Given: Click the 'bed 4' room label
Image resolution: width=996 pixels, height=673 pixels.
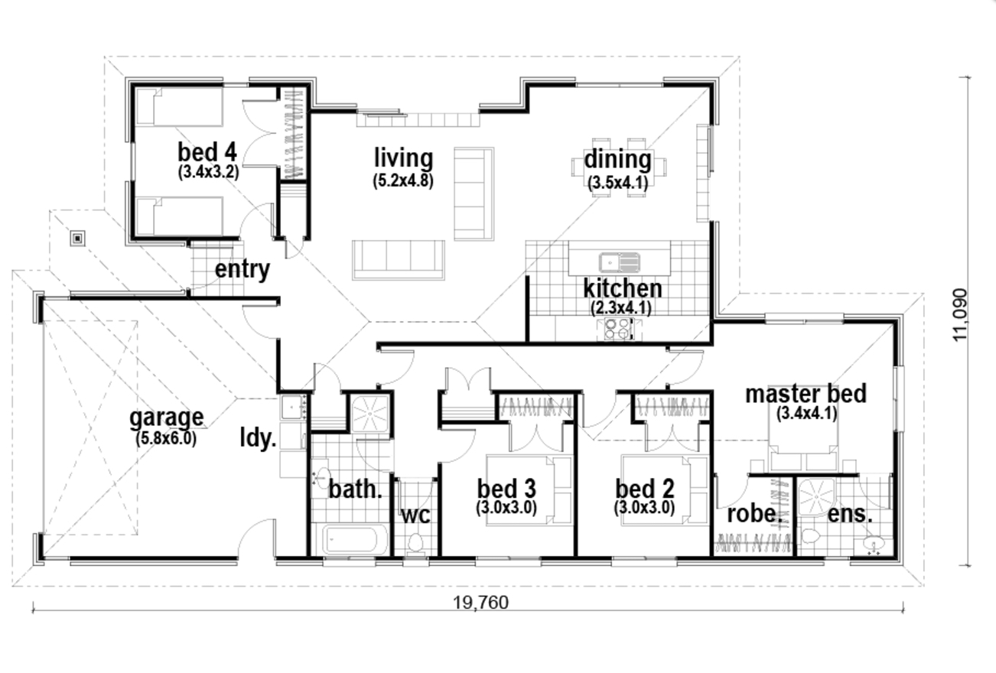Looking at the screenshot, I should point(208,151).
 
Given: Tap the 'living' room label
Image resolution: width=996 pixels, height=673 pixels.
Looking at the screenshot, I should point(403,158).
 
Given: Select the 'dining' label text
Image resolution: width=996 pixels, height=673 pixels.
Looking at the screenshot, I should point(617,160).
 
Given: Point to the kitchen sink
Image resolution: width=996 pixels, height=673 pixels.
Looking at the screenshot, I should point(620,262).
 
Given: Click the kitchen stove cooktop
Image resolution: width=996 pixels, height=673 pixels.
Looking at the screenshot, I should point(617,329).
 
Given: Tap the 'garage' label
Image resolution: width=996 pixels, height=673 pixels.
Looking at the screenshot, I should point(166,418).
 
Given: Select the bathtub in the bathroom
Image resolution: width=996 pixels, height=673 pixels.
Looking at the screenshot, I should point(350,540).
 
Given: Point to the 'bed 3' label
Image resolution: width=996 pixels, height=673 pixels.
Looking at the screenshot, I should point(506,488).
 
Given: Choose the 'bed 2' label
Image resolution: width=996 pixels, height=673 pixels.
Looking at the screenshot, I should point(644,488).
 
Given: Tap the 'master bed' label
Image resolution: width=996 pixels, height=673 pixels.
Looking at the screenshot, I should point(806,394).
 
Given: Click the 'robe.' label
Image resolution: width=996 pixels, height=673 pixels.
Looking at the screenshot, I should point(754,513).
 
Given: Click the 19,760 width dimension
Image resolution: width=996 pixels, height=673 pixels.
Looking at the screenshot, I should point(480,602).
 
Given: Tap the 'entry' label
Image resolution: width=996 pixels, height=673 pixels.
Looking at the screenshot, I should point(242,269).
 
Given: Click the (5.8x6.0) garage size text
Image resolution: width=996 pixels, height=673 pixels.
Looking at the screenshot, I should point(166,438).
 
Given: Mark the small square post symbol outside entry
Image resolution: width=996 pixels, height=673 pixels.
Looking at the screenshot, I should point(77,238).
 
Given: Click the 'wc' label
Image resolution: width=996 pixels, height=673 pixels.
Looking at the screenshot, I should point(415,514).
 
